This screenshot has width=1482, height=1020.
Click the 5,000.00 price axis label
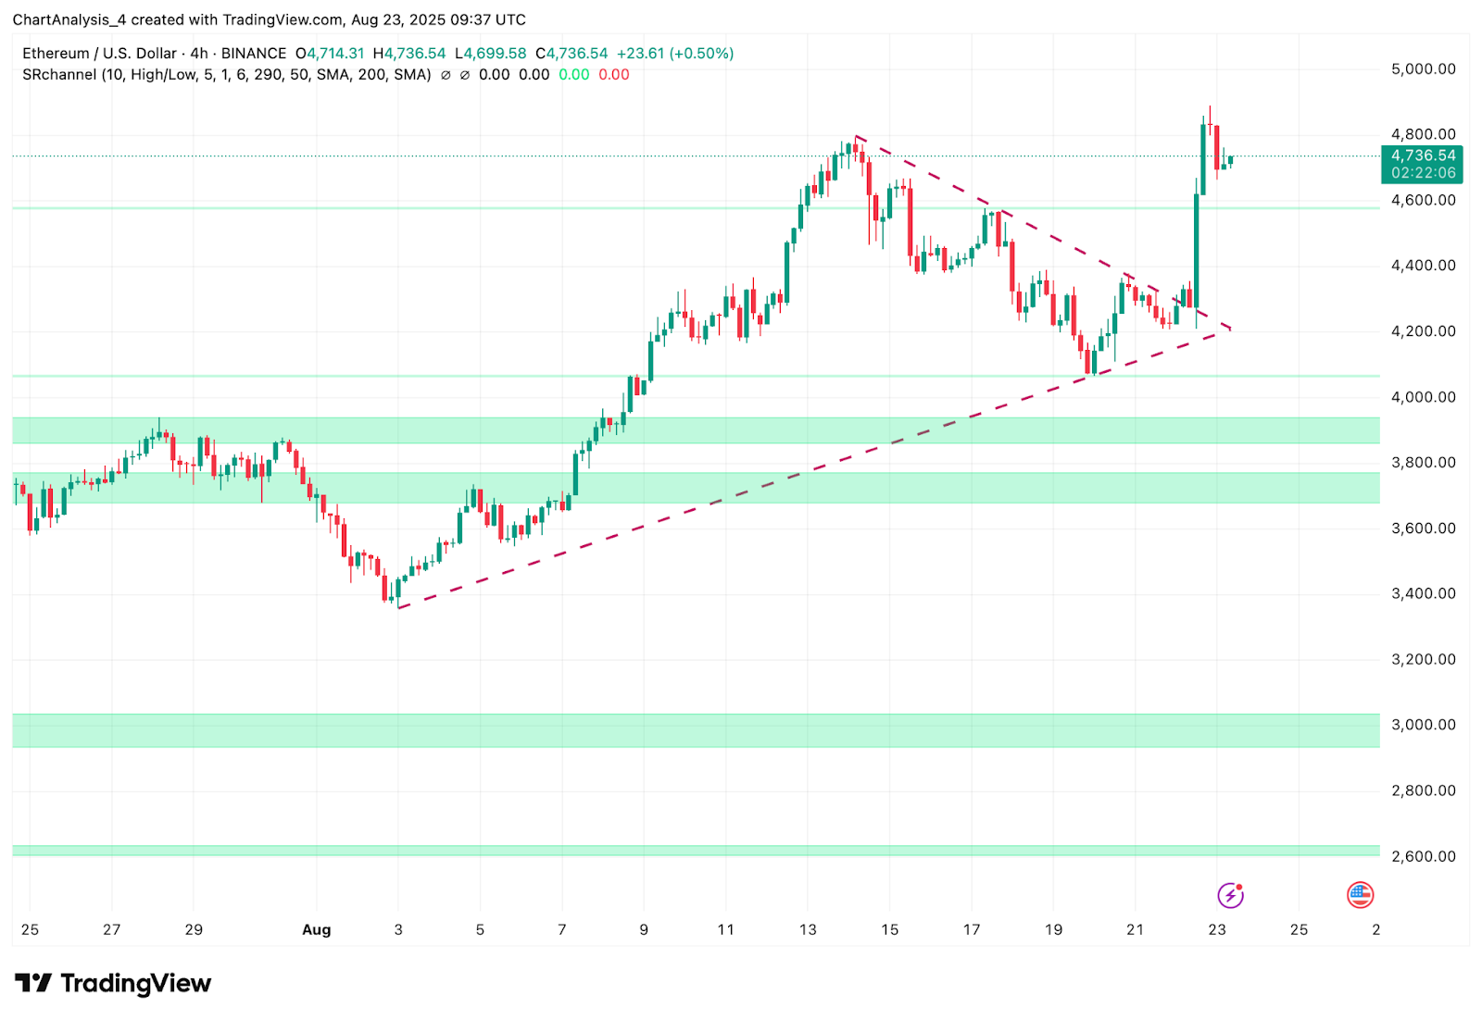(x=1423, y=69)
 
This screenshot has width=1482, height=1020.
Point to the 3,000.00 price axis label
(x=1423, y=725)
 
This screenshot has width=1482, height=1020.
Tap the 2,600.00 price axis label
(x=1423, y=856)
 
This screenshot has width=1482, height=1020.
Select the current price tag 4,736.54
(x=1423, y=155)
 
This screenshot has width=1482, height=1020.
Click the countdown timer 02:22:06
(x=1423, y=173)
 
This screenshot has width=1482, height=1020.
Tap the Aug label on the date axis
(x=316, y=930)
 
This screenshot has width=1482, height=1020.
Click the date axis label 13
(x=808, y=930)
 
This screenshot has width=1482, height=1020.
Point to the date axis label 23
(x=1217, y=930)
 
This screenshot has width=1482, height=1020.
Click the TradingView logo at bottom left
(x=113, y=983)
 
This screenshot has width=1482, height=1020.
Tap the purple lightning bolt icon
(x=1230, y=895)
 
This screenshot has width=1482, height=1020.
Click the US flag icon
(x=1360, y=895)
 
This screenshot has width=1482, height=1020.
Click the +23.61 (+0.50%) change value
(x=675, y=54)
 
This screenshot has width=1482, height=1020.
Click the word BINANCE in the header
(x=254, y=54)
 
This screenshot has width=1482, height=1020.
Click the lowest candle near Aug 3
(x=384, y=588)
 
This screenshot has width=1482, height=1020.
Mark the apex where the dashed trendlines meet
(x=1230, y=330)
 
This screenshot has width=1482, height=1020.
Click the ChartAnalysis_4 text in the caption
(x=69, y=19)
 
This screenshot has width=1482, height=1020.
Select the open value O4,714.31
(x=330, y=54)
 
